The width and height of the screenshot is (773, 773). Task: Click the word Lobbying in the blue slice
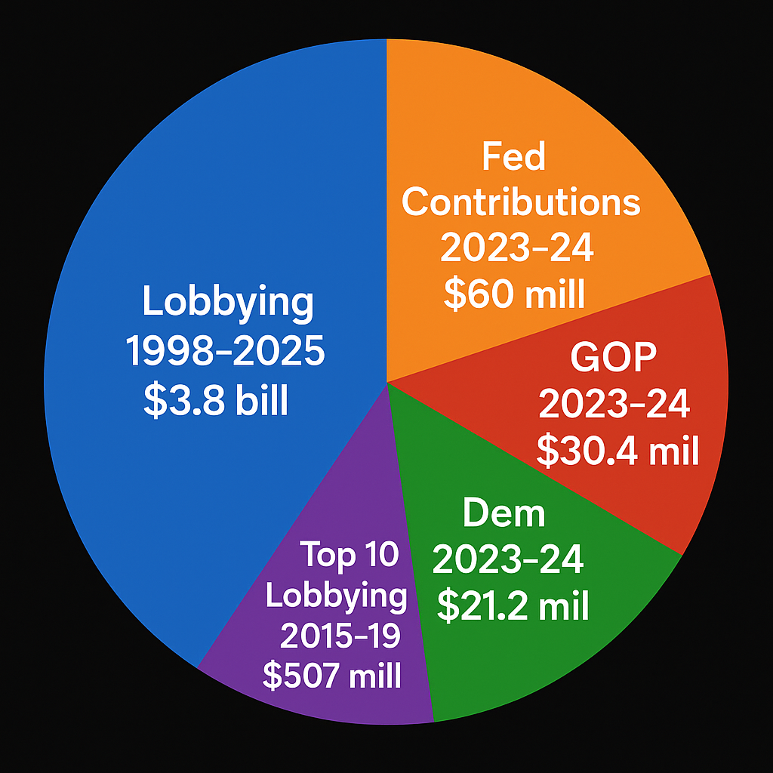(227, 303)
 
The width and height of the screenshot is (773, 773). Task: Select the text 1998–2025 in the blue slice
(225, 353)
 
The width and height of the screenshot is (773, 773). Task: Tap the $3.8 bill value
(216, 402)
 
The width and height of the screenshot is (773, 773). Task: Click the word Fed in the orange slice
(513, 158)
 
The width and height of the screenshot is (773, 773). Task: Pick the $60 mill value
(514, 295)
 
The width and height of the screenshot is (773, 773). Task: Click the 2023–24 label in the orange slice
(516, 248)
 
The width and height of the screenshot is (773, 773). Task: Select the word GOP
(613, 358)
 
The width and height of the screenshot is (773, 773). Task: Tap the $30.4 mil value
(617, 451)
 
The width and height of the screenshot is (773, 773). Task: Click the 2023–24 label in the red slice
(614, 405)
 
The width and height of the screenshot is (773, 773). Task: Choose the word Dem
(504, 514)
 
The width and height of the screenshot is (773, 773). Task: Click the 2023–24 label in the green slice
(508, 560)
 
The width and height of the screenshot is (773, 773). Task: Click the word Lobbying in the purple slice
(336, 596)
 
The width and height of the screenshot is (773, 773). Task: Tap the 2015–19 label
(340, 636)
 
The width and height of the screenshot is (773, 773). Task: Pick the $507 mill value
(332, 676)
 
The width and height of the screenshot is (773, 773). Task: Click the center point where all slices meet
(386, 381)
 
